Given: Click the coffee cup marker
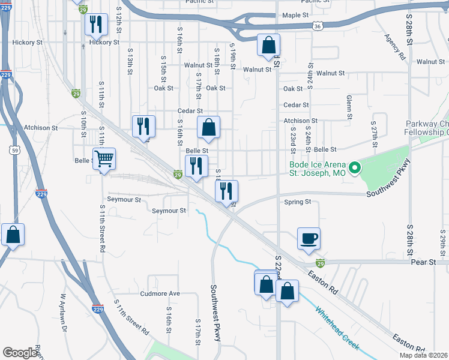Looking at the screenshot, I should click(309, 238).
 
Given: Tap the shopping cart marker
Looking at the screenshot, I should click(104, 159).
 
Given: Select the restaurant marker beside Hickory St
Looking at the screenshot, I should click(95, 24).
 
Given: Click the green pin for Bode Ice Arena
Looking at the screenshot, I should click(354, 168).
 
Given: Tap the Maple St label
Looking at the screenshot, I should click(295, 15).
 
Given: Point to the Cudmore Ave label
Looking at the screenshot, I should click(160, 293).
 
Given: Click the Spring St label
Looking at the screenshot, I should click(298, 202).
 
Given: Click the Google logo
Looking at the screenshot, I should click(20, 353).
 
